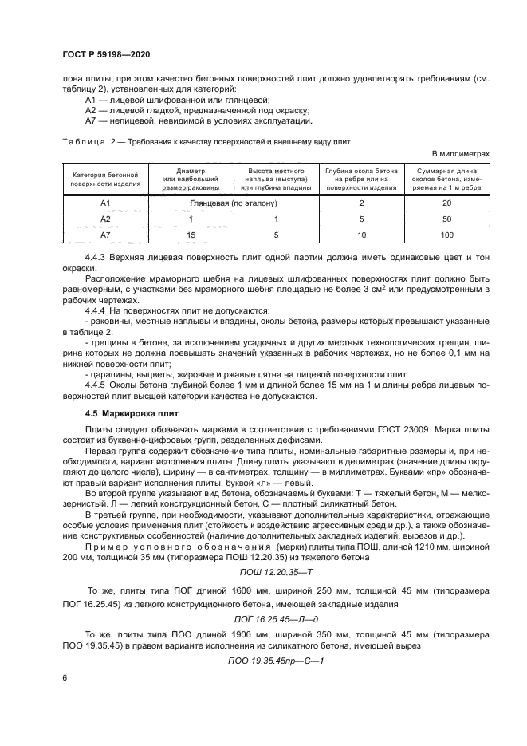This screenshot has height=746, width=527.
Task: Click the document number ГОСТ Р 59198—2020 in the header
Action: tap(106, 53)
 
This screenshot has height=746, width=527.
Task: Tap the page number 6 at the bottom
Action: tap(64, 678)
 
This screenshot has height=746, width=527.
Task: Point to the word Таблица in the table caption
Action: tap(81, 141)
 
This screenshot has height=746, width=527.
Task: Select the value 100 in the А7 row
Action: tap(446, 235)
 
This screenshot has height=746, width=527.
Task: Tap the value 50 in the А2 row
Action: tap(446, 219)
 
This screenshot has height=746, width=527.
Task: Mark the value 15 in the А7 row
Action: tap(191, 235)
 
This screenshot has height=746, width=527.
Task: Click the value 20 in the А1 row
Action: tap(446, 203)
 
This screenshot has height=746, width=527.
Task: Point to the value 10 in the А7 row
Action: tap(361, 235)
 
